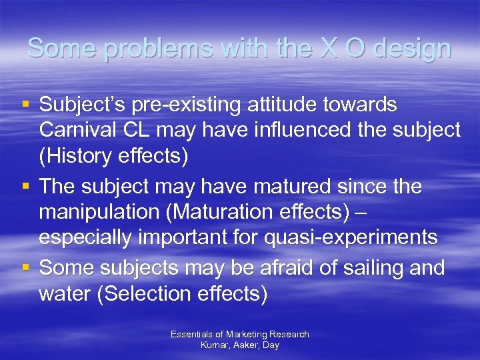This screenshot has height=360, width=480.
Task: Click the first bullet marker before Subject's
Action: click(x=25, y=105)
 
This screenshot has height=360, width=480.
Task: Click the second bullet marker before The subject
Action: click(x=25, y=186)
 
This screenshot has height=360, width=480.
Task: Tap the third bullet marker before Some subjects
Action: click(x=25, y=267)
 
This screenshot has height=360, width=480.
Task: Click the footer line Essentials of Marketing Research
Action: click(x=239, y=334)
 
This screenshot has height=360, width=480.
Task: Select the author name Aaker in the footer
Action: click(x=245, y=345)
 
